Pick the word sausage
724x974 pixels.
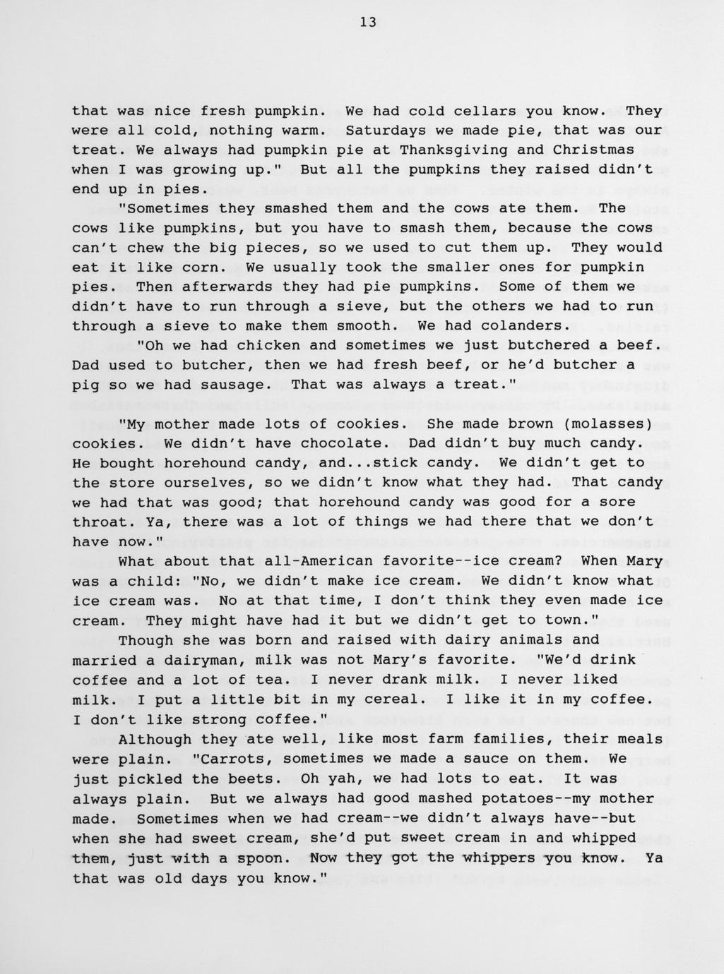click(242, 385)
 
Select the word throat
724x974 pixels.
click(99, 522)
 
